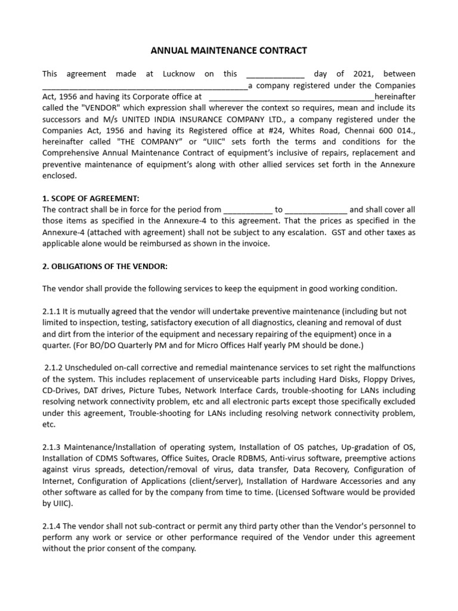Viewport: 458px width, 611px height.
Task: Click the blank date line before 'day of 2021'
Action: click(x=275, y=75)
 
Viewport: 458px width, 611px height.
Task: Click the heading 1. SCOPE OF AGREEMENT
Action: click(x=89, y=199)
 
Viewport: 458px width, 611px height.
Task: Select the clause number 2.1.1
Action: click(x=52, y=311)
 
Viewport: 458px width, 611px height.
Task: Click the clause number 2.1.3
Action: click(x=52, y=448)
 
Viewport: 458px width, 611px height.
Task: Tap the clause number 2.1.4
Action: click(x=52, y=527)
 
